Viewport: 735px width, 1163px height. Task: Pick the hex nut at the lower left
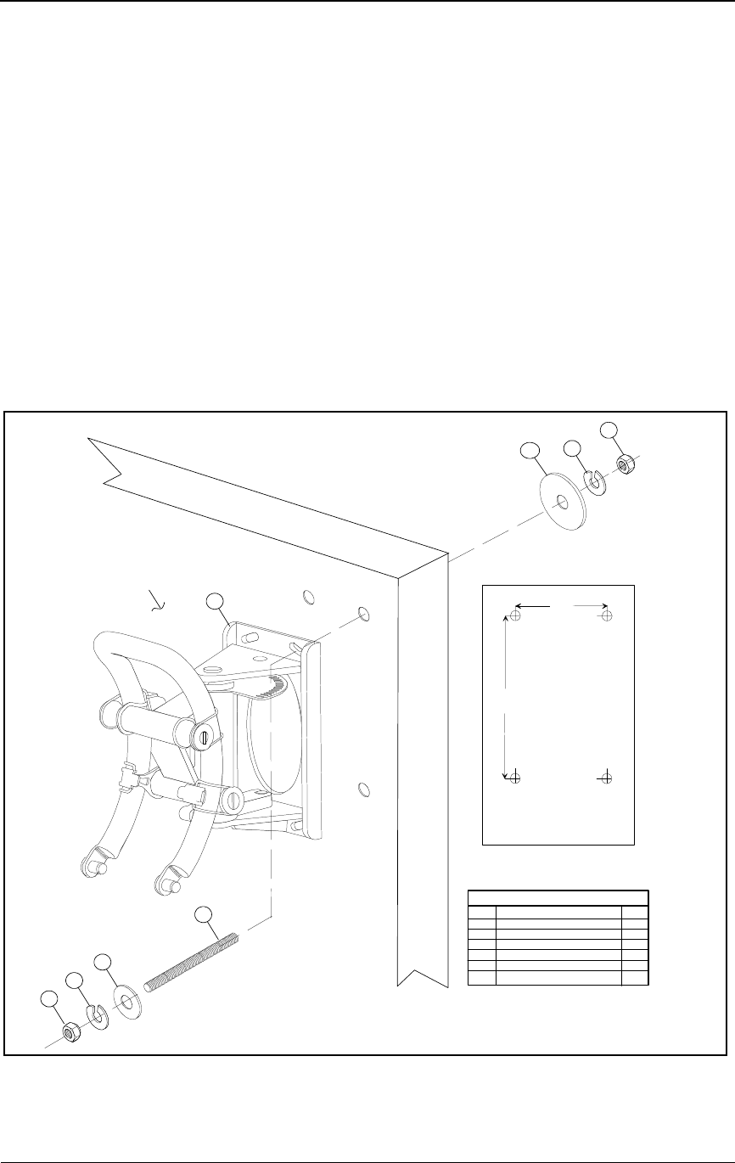[x=72, y=1031]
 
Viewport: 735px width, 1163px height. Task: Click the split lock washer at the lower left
[x=99, y=1017]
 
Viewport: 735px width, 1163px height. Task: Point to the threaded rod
[x=192, y=961]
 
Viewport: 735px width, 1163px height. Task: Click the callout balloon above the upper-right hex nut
[x=609, y=429]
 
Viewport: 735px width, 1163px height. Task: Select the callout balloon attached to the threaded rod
[x=202, y=915]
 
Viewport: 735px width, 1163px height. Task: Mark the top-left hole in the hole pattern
[x=514, y=615]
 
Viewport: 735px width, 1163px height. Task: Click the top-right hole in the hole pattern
[x=606, y=615]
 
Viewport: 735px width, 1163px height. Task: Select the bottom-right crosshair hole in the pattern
[x=606, y=778]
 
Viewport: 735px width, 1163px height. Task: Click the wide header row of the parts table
[x=558, y=896]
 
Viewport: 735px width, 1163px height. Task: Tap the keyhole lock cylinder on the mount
[x=204, y=737]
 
